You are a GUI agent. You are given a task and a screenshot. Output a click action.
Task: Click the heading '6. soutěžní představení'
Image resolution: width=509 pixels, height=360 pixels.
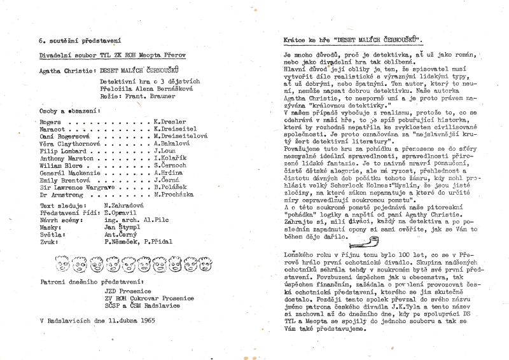[x=80, y=40]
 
